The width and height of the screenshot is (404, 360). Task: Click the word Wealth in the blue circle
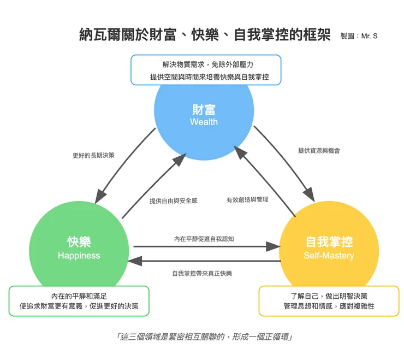click(x=204, y=122)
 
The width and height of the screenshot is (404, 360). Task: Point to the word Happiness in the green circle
click(x=79, y=255)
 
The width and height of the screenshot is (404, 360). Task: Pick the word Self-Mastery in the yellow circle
click(x=329, y=255)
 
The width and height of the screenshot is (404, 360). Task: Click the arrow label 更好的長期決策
click(x=93, y=155)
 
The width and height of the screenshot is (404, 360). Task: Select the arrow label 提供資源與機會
click(x=319, y=150)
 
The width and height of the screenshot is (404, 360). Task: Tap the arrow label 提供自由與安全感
click(x=173, y=201)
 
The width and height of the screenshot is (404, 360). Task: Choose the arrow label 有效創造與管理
click(x=247, y=200)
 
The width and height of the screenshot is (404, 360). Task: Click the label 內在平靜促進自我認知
click(x=204, y=239)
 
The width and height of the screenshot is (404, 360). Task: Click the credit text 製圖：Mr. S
click(x=359, y=36)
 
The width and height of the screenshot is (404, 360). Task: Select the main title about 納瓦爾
click(x=205, y=36)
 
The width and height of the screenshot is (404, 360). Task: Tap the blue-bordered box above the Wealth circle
click(x=206, y=70)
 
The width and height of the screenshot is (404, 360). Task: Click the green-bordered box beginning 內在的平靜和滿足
click(x=79, y=301)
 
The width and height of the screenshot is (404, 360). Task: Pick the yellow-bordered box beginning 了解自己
click(x=329, y=301)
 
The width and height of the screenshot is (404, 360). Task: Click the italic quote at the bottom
click(x=205, y=337)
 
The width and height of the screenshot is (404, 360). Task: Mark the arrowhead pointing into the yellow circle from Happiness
click(x=274, y=246)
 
